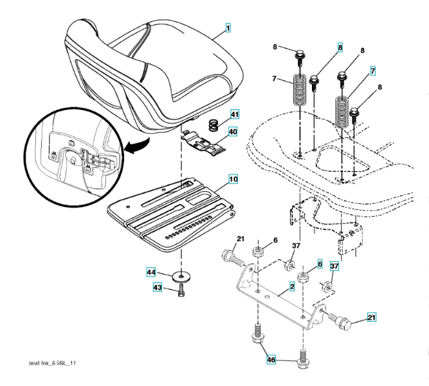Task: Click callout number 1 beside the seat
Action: [228, 29]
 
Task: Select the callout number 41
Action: [234, 115]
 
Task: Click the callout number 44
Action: [151, 273]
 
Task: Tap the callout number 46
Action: [271, 361]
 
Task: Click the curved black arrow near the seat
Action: [135, 147]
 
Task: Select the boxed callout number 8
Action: [340, 47]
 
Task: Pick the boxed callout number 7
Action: [372, 70]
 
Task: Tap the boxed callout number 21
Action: [371, 317]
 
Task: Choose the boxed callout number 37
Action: [334, 266]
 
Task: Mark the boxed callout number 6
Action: [319, 265]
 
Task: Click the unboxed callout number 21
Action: [239, 241]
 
